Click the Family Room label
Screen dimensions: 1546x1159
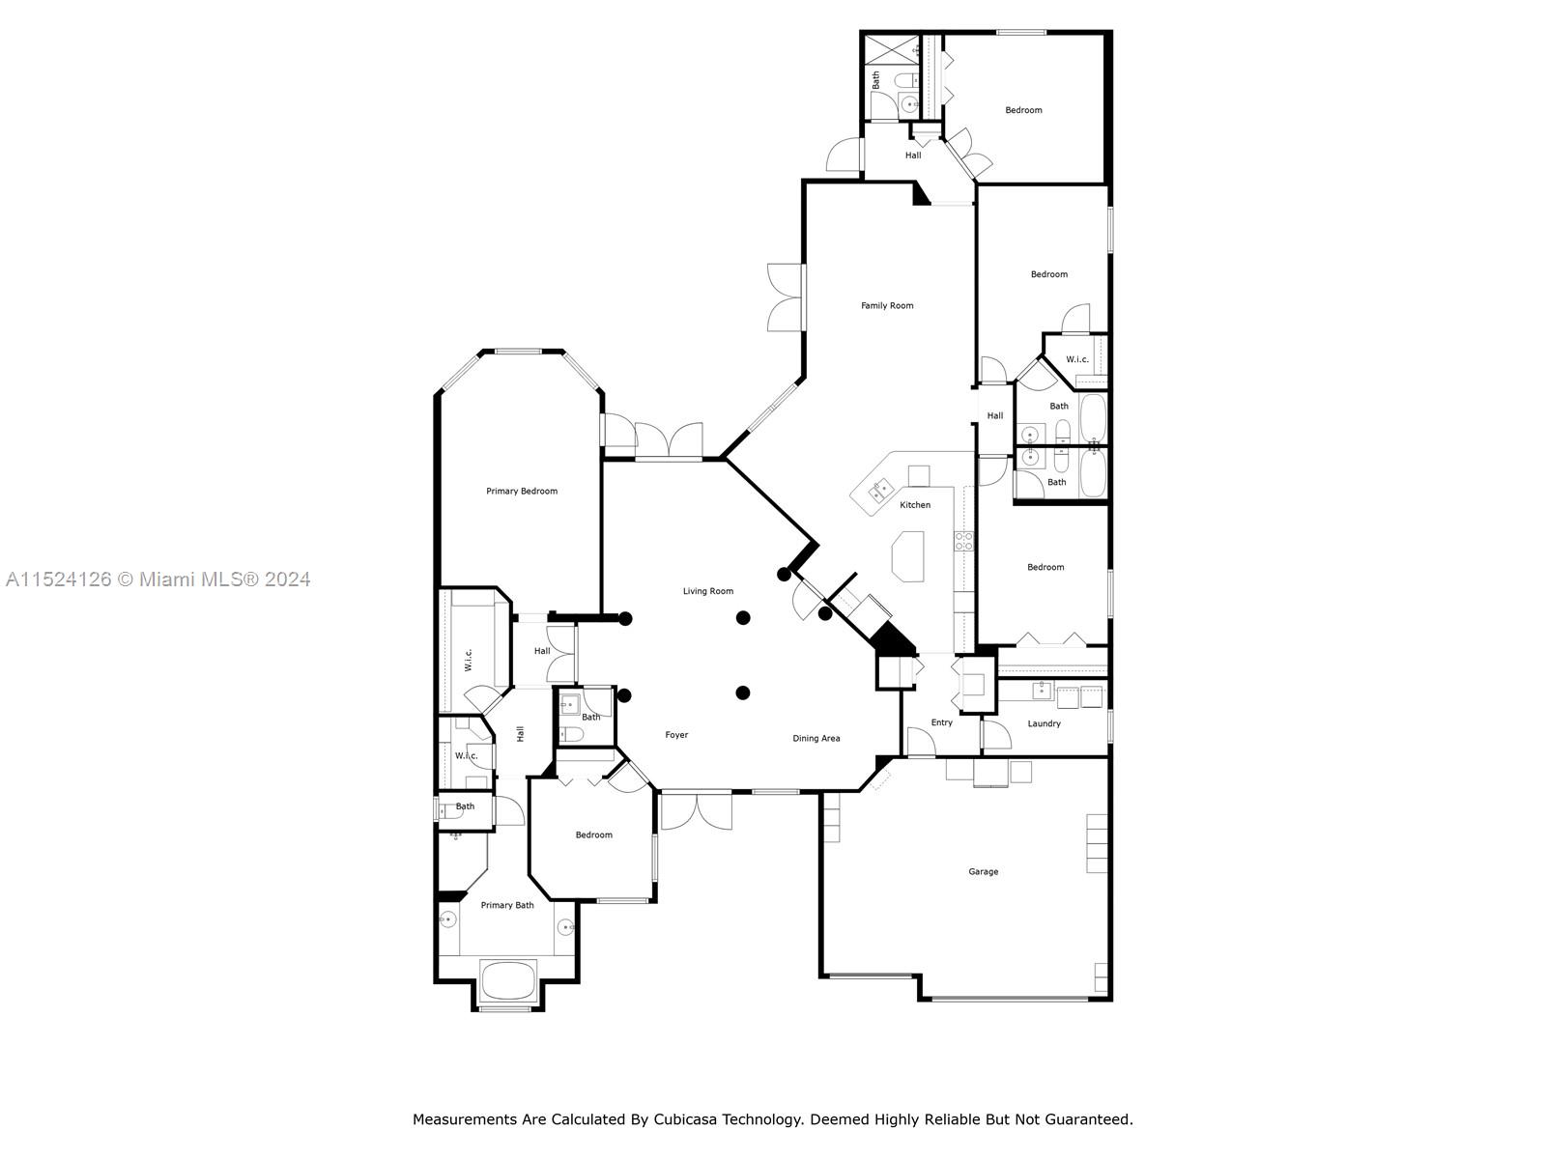pos(887,305)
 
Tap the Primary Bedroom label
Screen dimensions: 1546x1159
pos(521,492)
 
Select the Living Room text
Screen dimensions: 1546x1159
pos(708,591)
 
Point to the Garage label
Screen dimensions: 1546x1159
pos(983,872)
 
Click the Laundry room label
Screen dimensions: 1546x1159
pos(1044,723)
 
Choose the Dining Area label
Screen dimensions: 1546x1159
pos(816,738)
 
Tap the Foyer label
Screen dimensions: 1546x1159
pos(676,735)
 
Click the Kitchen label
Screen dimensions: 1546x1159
pos(915,504)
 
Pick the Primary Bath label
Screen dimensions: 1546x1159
pos(507,905)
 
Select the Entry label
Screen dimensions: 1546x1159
pos(942,722)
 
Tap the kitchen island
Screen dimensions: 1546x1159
pos(908,556)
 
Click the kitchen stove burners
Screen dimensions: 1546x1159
pos(963,541)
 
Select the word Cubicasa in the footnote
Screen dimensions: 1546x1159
pos(682,1118)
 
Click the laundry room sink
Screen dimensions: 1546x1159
pos(1042,691)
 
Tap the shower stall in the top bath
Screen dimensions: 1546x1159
pos(893,52)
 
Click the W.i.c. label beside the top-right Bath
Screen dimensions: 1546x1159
pos(1077,359)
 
